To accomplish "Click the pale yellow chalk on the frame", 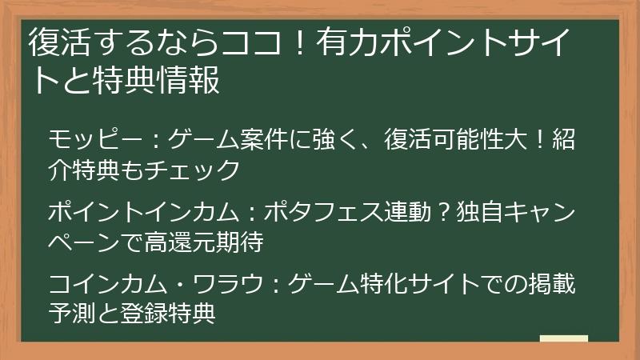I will [x=564, y=338].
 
